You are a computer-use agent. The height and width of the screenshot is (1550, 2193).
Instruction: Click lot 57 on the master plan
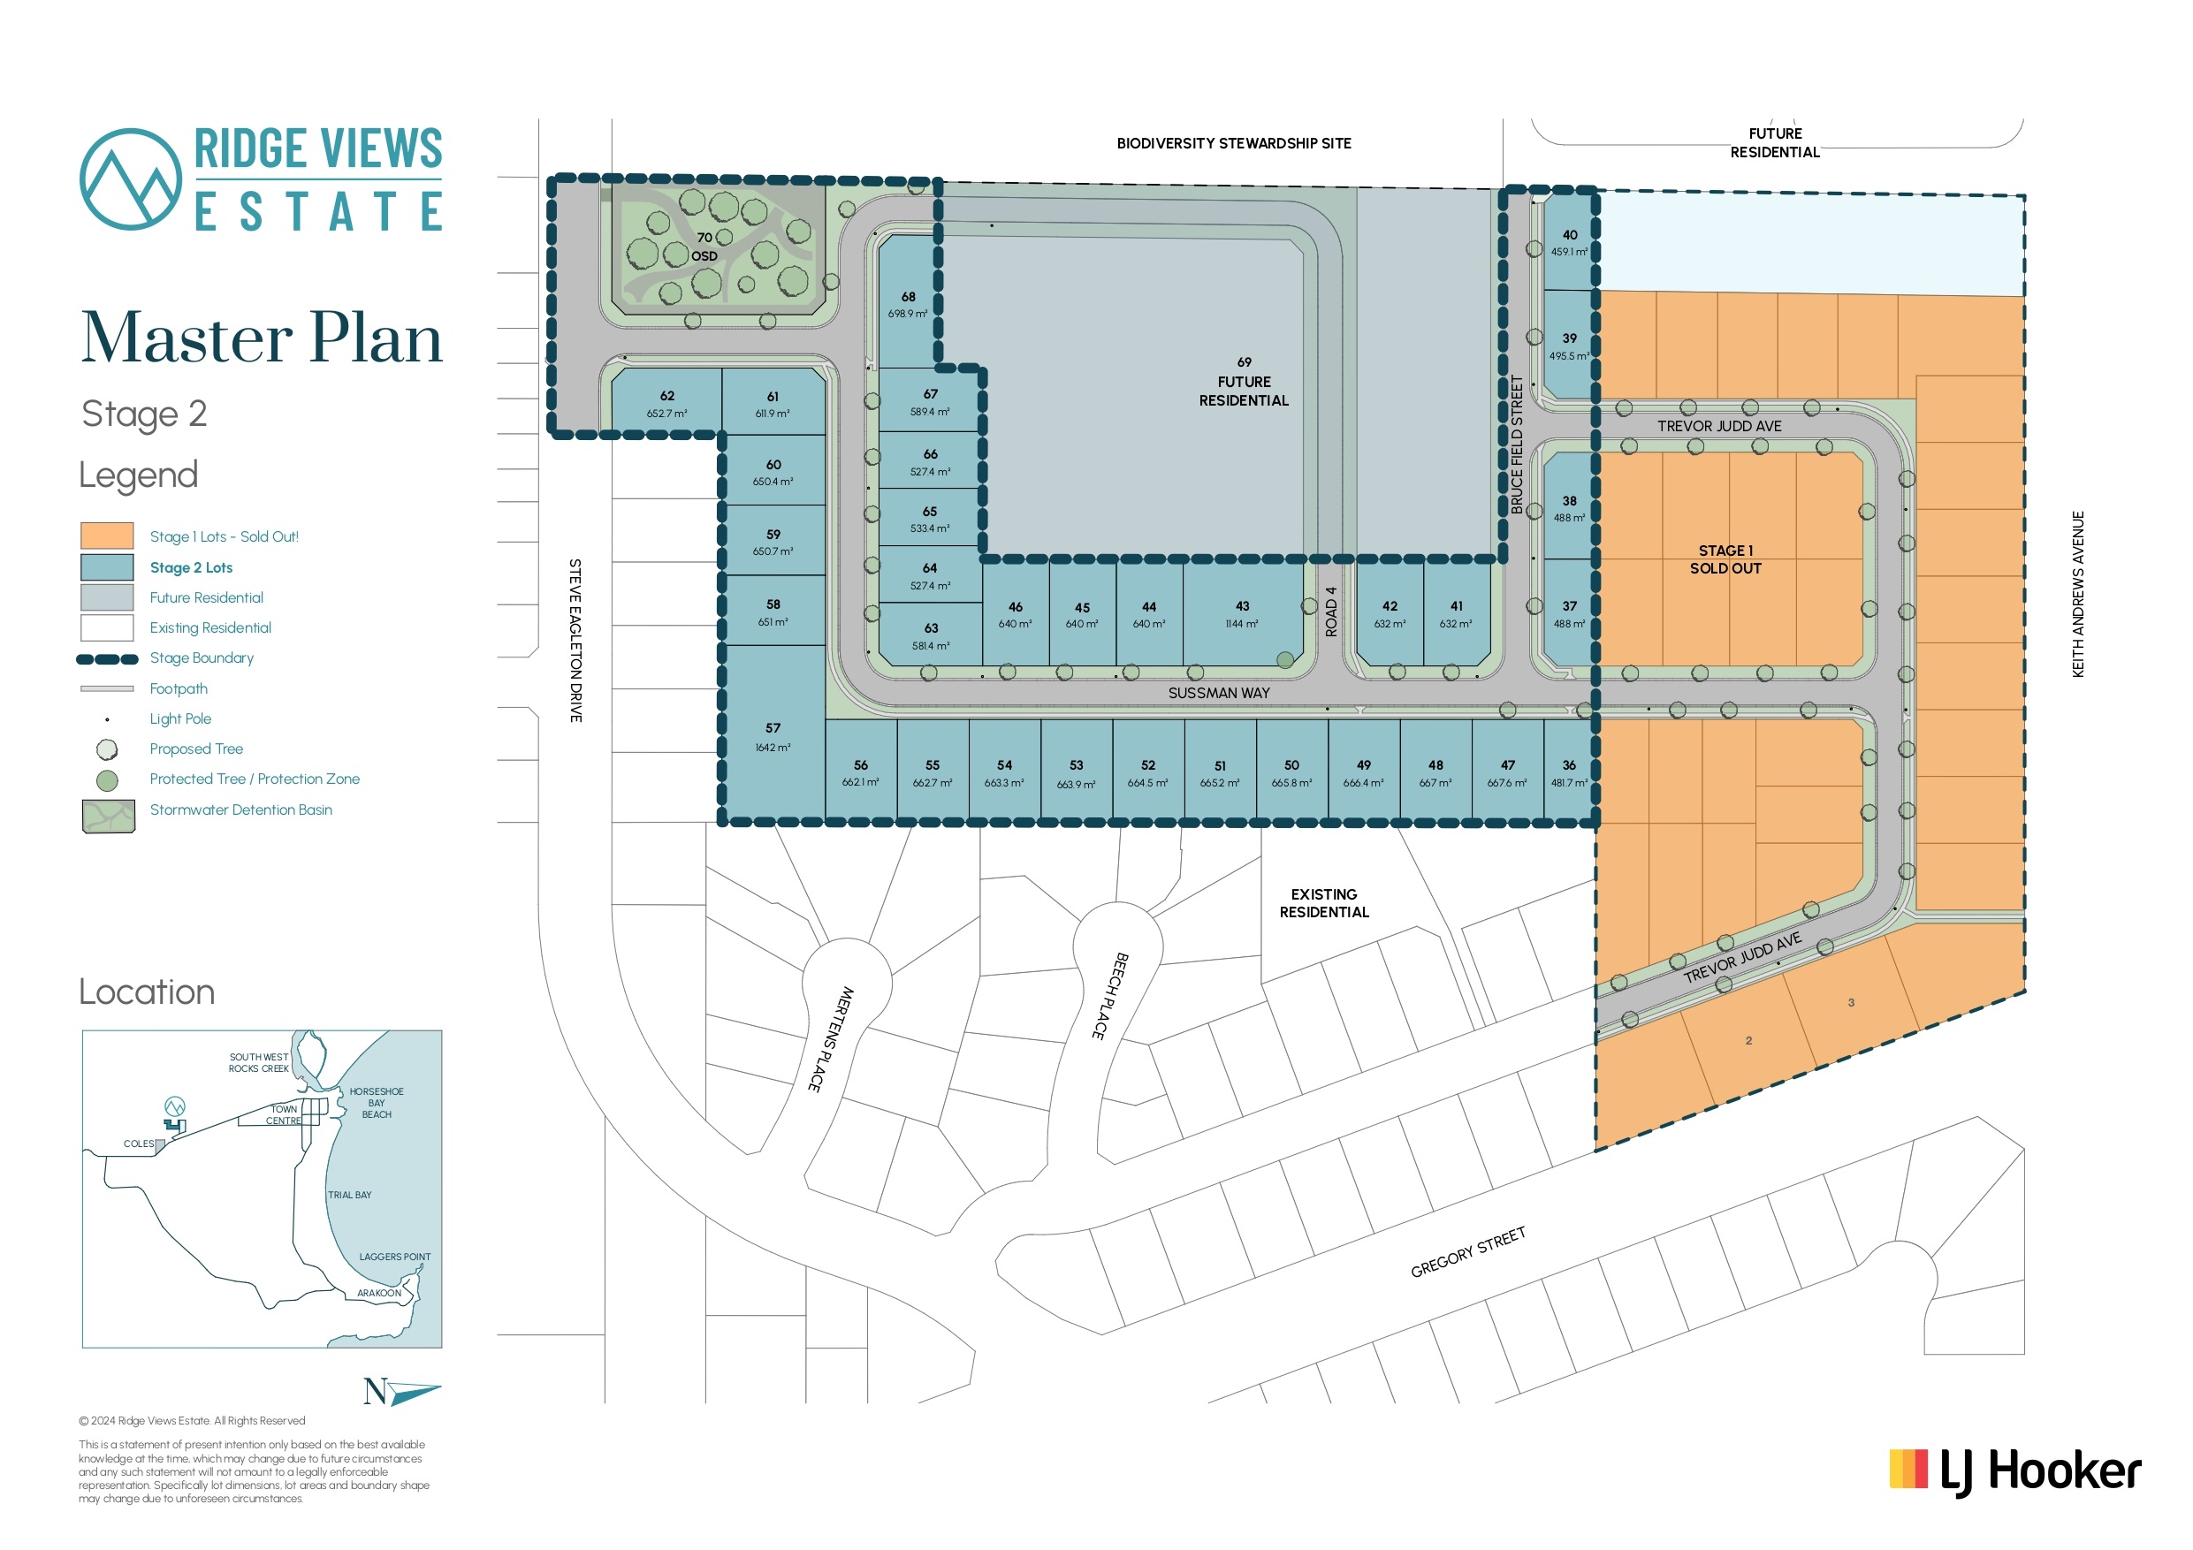tap(773, 736)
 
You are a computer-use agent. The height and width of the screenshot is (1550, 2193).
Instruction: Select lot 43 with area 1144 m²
tap(1243, 613)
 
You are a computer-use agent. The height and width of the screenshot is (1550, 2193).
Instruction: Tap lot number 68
tap(908, 297)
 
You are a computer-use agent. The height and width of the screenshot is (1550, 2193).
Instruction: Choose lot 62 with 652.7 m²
tap(666, 403)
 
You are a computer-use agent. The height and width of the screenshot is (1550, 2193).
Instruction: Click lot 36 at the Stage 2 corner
tap(1569, 772)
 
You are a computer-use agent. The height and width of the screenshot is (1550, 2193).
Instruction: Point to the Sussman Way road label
tap(1219, 694)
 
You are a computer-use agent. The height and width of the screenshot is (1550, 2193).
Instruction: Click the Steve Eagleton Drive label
tap(575, 640)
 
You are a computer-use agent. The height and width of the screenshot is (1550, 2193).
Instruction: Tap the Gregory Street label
tap(1468, 1252)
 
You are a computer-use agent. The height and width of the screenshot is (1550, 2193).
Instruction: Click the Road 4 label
tap(1331, 612)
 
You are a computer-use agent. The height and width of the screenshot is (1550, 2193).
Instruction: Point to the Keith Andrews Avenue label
tap(2078, 594)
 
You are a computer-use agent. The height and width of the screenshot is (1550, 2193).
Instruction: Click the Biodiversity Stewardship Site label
tap(1234, 143)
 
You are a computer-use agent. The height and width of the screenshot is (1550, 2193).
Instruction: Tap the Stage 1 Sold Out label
tap(1726, 559)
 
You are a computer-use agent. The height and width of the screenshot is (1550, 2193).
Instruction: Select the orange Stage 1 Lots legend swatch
tap(107, 536)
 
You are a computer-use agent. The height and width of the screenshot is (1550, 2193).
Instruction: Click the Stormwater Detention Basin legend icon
tap(108, 817)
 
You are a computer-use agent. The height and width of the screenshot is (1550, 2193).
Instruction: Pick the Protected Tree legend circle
tap(107, 780)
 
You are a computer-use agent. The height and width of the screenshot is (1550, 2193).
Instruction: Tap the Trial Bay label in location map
tap(349, 1195)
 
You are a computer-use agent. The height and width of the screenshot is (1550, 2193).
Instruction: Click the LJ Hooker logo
tap(2015, 1471)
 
